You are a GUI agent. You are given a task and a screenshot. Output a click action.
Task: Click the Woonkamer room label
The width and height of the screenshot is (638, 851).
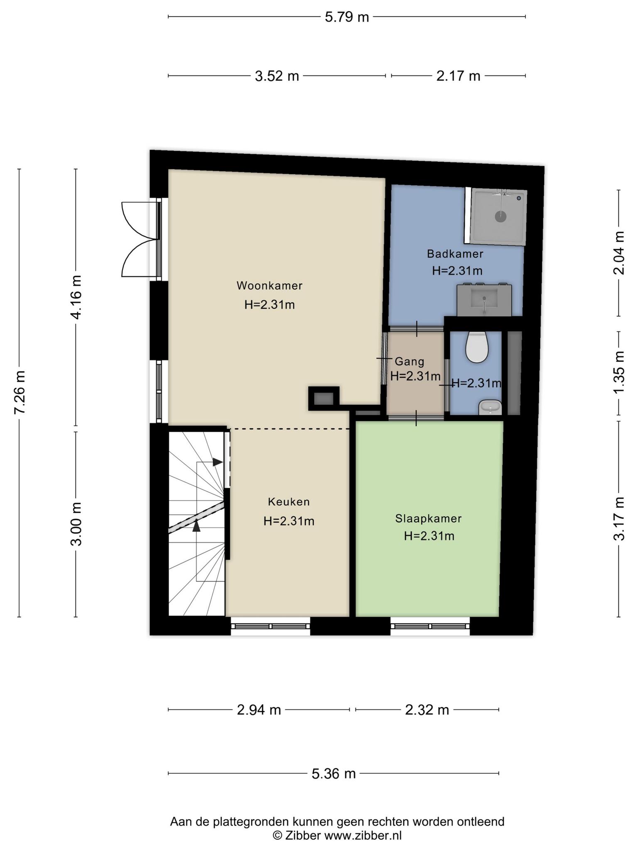[x=270, y=286]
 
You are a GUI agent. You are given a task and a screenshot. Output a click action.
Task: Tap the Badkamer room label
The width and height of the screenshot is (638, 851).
[x=455, y=253]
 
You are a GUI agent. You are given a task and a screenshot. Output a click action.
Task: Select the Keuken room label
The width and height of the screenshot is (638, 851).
[x=289, y=502]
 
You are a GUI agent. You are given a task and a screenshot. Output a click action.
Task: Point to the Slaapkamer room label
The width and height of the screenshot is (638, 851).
[x=428, y=519]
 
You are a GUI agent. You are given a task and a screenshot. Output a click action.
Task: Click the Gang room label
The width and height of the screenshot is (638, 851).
[x=410, y=362]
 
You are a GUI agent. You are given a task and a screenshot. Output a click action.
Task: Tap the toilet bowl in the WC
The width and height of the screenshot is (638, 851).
[x=476, y=347]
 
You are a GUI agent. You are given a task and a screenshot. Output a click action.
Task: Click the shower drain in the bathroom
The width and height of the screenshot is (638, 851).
[x=501, y=216]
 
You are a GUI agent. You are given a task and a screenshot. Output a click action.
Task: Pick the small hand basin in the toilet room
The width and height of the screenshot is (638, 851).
[x=491, y=408]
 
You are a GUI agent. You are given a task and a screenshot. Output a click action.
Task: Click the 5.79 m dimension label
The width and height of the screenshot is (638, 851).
[x=347, y=17]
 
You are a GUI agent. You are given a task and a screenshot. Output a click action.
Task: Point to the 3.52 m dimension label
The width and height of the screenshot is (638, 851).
[x=277, y=76]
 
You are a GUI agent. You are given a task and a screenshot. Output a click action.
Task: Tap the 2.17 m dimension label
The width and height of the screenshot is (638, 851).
[x=458, y=76]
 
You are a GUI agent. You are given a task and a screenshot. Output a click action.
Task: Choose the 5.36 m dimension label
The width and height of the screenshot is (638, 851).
[x=334, y=774]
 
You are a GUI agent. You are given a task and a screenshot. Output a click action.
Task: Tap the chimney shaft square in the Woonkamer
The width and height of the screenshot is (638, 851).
[x=324, y=399]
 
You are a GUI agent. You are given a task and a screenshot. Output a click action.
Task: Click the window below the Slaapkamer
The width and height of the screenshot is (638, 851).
[x=430, y=626]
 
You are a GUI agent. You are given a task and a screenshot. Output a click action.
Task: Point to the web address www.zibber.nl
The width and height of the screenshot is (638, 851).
[x=363, y=835]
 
